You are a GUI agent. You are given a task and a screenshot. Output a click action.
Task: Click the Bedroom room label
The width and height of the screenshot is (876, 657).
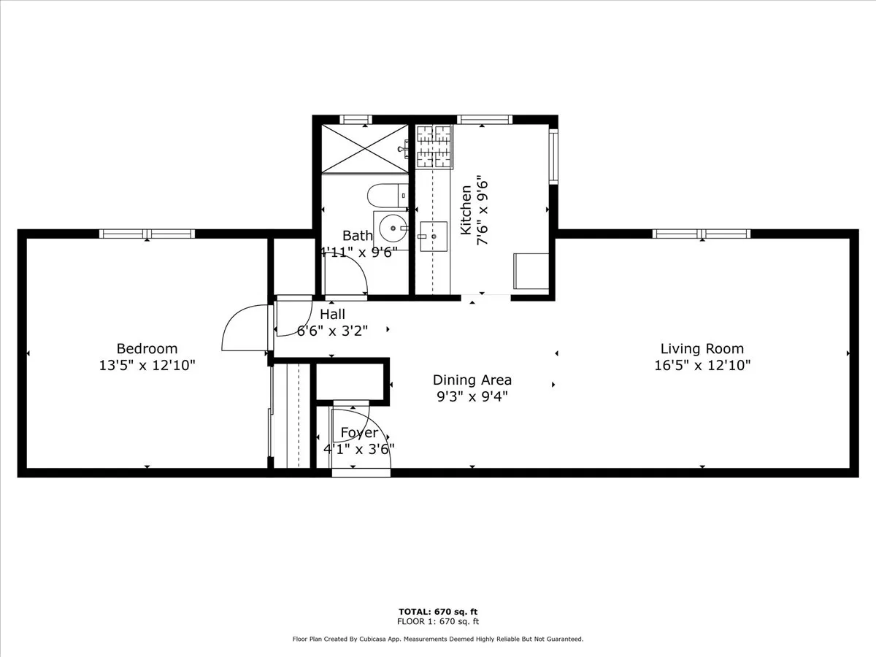coord(147,349)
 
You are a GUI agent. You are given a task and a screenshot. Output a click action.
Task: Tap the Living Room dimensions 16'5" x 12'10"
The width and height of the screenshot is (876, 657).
coord(702,365)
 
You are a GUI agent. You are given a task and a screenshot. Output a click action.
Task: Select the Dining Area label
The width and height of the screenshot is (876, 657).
coord(472,380)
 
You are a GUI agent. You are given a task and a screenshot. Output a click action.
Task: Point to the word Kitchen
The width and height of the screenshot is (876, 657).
coord(466,210)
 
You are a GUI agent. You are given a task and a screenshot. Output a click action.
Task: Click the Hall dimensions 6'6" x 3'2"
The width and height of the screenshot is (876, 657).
coord(332,330)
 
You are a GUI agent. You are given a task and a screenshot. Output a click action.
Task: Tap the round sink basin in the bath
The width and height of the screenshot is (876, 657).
coord(392,229)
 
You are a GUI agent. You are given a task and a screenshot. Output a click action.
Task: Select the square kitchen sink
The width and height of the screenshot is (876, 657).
coord(433,235)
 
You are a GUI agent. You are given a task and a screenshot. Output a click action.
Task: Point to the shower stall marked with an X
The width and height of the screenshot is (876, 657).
coord(365,148)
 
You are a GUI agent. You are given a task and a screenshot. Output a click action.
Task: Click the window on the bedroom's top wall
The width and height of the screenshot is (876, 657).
coord(147,234)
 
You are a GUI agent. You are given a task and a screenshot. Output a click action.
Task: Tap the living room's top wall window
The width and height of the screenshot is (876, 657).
coord(702,234)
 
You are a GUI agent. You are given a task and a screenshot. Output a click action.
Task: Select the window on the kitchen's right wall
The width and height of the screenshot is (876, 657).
coord(553,156)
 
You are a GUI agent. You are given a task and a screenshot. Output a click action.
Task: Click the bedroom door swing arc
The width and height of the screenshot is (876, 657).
coord(241,328)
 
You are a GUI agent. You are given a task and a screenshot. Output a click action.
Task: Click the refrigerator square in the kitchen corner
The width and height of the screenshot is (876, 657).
coord(531,271)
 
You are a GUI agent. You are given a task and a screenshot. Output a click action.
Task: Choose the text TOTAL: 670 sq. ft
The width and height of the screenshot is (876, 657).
coord(438,612)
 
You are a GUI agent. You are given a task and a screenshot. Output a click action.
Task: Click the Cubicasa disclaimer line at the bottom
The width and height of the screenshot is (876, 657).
coord(438,639)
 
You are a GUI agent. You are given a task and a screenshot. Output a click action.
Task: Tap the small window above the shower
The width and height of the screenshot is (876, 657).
coord(356,120)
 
